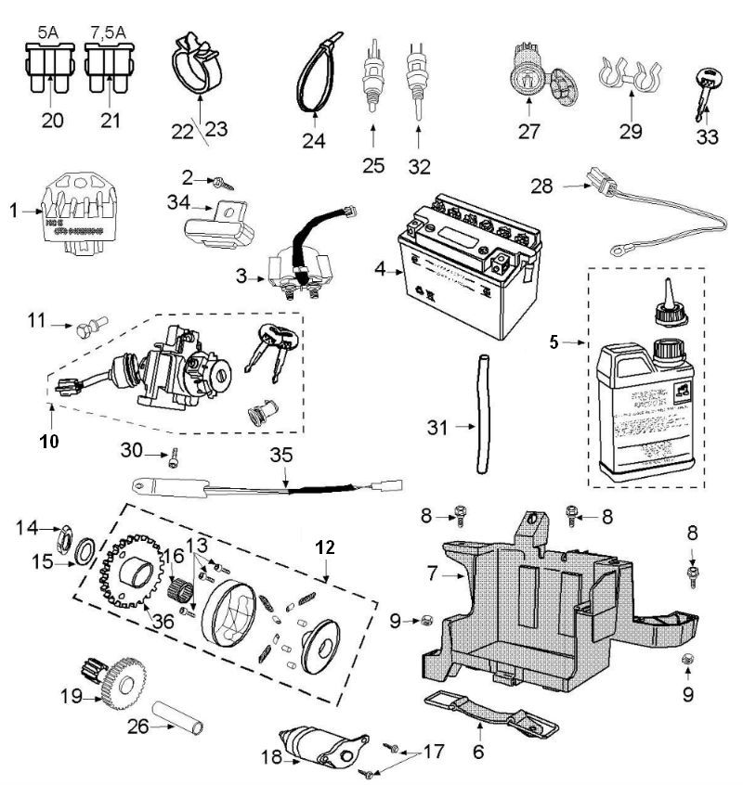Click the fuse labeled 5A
point(47,69)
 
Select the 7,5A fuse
point(111,69)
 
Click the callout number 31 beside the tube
point(437,428)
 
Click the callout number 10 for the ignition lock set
point(49,441)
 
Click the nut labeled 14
point(68,537)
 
